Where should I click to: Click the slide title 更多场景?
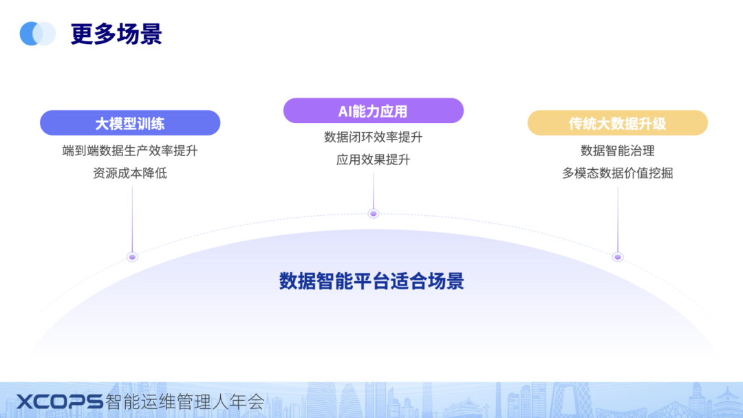pos(116,34)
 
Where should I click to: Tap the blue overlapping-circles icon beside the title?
pos(37,33)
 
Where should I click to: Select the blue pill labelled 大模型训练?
pos(130,124)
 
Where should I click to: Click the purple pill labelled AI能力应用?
pos(373,111)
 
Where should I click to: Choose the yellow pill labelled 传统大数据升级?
pos(617,124)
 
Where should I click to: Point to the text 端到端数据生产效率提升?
pos(130,151)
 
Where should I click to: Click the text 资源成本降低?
pos(130,173)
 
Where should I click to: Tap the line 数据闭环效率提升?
pos(373,137)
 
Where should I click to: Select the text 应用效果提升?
pos(373,159)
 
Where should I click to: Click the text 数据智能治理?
pos(617,151)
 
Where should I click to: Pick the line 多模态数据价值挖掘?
pos(617,173)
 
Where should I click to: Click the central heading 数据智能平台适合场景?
pos(371,280)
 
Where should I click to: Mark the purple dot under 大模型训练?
pos(132,256)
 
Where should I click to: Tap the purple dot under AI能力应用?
pos(374,213)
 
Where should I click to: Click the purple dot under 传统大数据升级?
pos(618,256)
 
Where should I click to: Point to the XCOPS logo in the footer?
pos(59,401)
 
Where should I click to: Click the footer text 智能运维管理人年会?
pos(185,401)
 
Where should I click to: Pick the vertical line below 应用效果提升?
pos(374,189)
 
